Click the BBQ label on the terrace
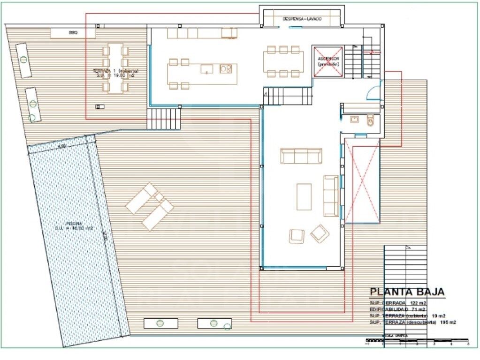click(73, 33)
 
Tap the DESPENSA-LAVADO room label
click(302, 19)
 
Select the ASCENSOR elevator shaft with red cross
click(328, 61)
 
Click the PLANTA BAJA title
click(407, 292)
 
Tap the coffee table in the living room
click(304, 197)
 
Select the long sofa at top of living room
click(301, 156)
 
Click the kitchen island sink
click(207, 69)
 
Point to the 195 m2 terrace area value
click(448, 322)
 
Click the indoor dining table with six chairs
click(283, 61)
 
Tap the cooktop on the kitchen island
click(226, 69)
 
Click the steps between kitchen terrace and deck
click(164, 119)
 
